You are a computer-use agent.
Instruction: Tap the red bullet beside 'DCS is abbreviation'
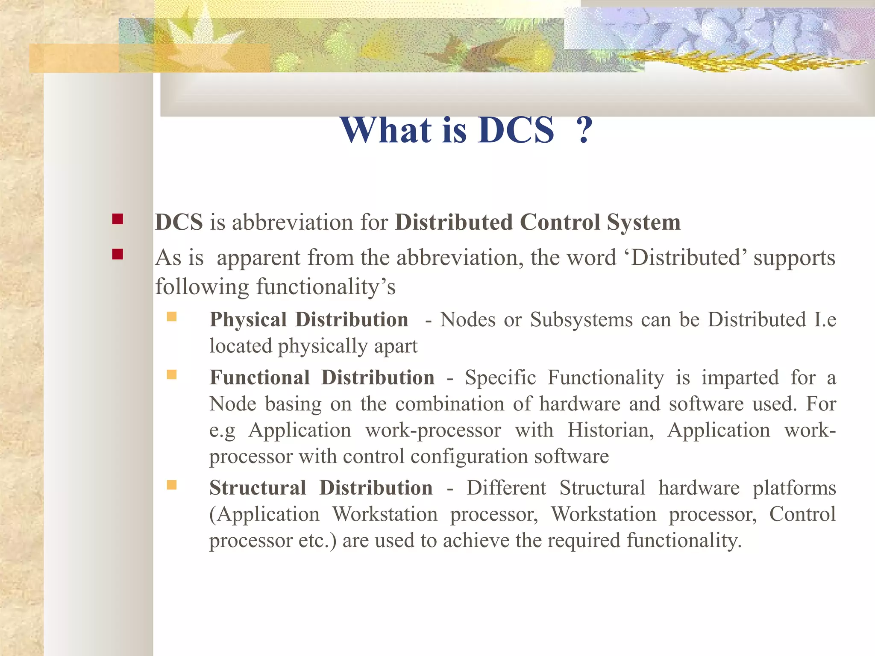[x=117, y=220]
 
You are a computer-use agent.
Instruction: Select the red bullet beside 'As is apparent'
[x=117, y=255]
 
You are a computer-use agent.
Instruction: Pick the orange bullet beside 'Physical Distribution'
[x=172, y=316]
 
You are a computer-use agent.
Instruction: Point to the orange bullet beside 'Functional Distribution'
[x=172, y=375]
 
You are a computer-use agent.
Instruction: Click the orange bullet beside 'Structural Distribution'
[x=172, y=485]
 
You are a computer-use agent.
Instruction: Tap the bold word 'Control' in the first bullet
[x=559, y=223]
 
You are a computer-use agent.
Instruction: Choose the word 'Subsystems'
[x=581, y=320]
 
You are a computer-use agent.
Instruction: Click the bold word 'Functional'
[x=259, y=378]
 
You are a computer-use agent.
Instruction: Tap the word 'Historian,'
[x=611, y=430]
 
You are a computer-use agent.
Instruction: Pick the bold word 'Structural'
[x=258, y=488]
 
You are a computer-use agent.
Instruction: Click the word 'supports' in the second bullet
[x=794, y=258]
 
